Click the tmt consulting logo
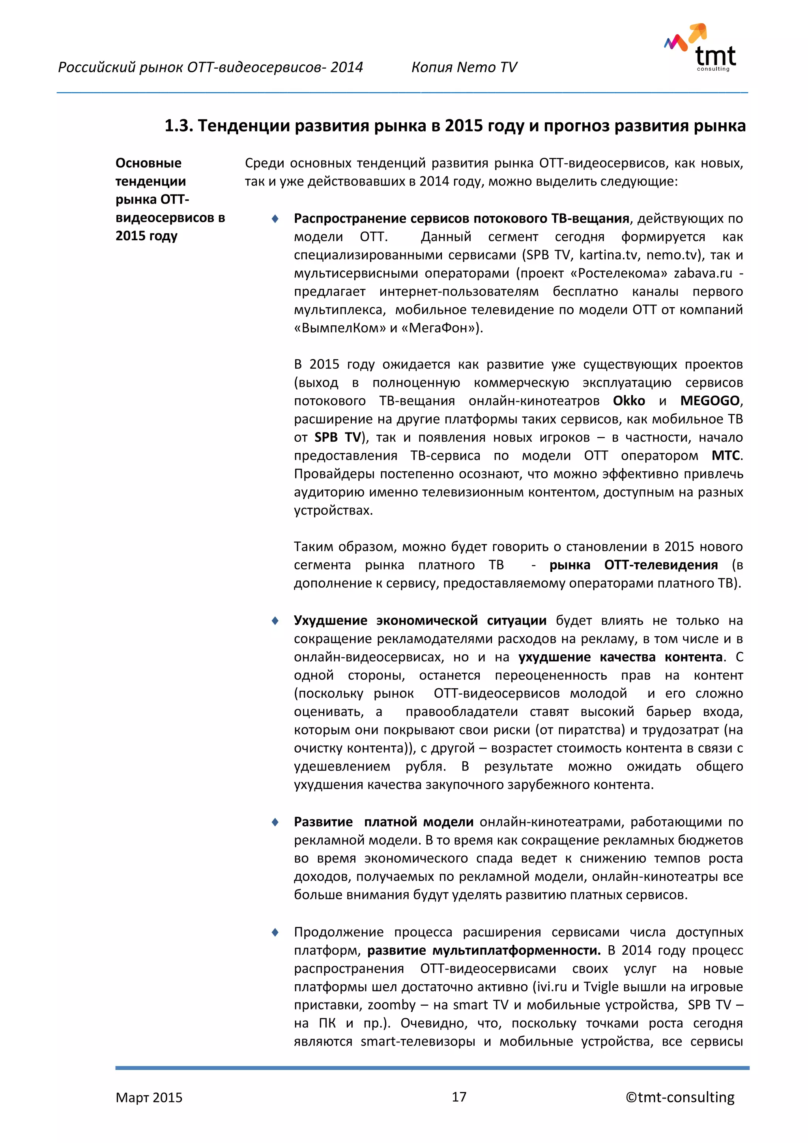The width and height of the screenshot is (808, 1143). [x=701, y=48]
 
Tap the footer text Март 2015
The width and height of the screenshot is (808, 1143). [x=149, y=1097]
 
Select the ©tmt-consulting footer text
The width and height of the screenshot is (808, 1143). [x=680, y=1097]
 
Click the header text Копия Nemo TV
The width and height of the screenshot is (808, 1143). [x=464, y=67]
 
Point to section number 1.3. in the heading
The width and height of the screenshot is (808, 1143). [x=179, y=126]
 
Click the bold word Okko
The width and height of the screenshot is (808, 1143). [x=628, y=401]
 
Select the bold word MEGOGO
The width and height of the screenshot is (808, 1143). [x=709, y=401]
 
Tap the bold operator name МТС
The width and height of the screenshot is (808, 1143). [x=726, y=455]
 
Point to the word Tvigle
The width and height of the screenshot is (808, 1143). [x=600, y=987]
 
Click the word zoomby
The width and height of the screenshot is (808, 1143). [x=391, y=1005]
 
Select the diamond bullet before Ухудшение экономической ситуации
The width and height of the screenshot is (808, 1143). [x=275, y=621]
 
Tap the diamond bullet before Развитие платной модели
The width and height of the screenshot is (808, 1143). [x=275, y=822]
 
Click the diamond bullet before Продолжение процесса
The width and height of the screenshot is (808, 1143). [x=275, y=932]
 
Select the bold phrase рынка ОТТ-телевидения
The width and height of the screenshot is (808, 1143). [x=633, y=565]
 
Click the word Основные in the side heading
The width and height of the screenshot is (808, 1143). [x=148, y=163]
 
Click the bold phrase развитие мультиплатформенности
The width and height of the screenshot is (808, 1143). [x=484, y=950]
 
